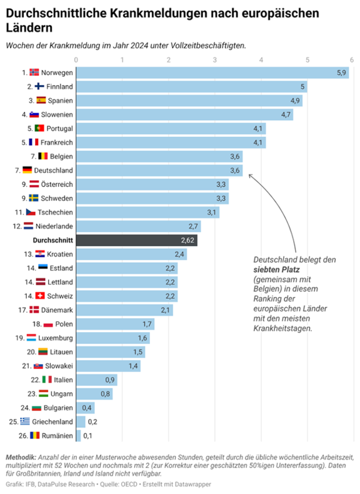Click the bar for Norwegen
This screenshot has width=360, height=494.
(x=212, y=73)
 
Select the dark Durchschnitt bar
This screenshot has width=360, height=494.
(x=137, y=240)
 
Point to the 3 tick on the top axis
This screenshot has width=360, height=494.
(x=215, y=60)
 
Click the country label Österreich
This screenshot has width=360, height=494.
(x=57, y=184)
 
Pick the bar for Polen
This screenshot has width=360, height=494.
(x=115, y=324)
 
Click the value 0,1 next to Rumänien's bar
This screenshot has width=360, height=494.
(x=88, y=435)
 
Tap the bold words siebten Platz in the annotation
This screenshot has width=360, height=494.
(x=277, y=270)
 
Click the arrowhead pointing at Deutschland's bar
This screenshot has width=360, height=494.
(x=249, y=174)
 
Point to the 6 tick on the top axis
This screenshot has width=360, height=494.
(x=352, y=60)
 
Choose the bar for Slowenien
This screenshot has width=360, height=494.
(x=184, y=114)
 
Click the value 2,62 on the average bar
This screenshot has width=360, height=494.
(x=188, y=240)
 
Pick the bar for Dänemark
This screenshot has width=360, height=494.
(x=124, y=310)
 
